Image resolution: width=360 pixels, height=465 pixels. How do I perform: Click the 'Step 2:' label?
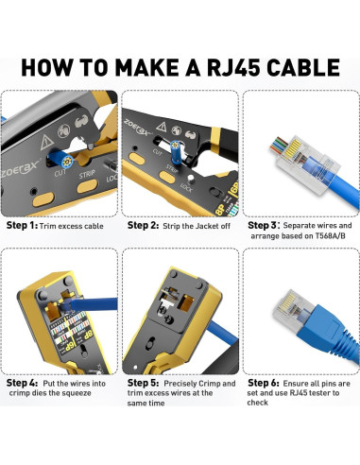point(143,227)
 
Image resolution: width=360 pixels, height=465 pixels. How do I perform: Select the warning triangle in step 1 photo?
point(46,137)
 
